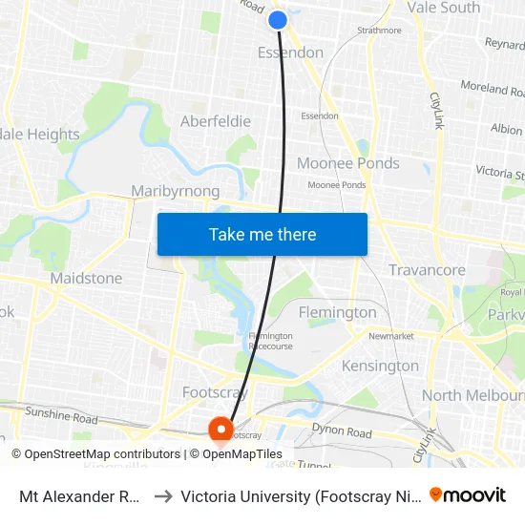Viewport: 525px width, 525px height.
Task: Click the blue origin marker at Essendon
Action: coord(278,19)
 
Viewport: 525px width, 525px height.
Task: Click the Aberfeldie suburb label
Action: coord(216,121)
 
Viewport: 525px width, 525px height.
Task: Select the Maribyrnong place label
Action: coord(176,191)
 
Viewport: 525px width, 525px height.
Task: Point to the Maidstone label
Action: coord(86,278)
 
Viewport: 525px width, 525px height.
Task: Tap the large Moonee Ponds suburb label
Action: coord(348,163)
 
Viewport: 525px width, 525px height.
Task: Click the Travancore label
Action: coord(427,270)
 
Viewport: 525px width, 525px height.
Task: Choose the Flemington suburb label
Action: coord(337,312)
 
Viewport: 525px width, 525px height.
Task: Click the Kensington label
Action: coord(380,366)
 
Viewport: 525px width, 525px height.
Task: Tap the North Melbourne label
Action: coord(472,395)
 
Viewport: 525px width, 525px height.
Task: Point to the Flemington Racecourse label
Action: coord(270,342)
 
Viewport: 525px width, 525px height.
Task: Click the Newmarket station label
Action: coord(390,336)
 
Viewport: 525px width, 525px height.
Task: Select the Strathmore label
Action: coord(379,31)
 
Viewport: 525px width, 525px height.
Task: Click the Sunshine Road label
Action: coord(62,418)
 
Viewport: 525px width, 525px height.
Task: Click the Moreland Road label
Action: coord(493,90)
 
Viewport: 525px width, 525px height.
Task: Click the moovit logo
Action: coord(468,495)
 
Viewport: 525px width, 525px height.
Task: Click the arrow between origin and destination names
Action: coord(162,496)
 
